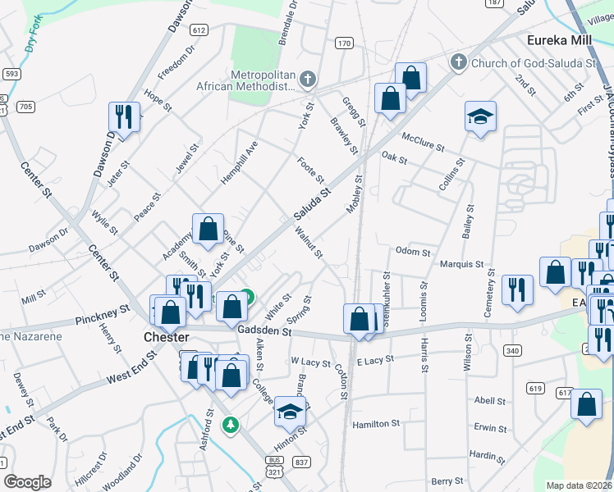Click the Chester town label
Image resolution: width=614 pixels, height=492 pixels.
(167, 337)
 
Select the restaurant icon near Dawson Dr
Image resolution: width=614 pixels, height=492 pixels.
(124, 116)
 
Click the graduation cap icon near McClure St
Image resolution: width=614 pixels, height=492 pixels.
(480, 116)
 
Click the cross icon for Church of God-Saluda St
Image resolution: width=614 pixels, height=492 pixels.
(458, 62)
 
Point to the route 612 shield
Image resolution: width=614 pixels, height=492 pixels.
(198, 30)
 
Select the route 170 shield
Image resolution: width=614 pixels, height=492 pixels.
(344, 43)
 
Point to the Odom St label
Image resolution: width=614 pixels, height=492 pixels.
(412, 252)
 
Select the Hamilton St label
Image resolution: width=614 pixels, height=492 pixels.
(375, 425)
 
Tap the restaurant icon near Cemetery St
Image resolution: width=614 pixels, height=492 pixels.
(517, 290)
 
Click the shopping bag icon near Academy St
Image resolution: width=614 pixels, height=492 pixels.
(208, 230)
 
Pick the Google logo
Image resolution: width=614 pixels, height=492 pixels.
(27, 482)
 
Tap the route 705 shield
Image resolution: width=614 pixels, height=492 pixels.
(25, 107)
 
